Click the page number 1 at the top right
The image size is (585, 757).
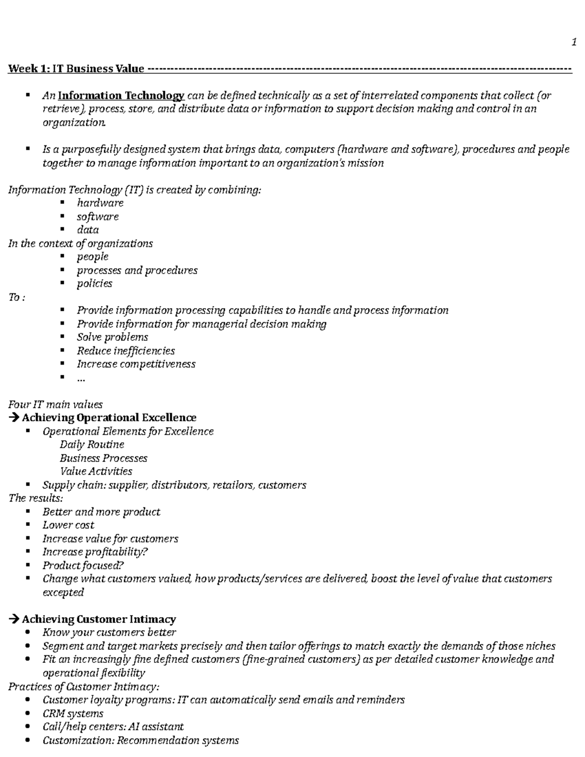point(574,43)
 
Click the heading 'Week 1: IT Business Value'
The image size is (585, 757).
point(76,69)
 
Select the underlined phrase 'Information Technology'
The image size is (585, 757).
point(121,96)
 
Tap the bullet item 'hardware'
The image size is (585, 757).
point(100,203)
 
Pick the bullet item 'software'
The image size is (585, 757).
point(97,216)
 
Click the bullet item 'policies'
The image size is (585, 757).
point(94,283)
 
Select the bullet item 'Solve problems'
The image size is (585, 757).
point(112,337)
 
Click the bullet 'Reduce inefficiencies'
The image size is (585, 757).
point(125,350)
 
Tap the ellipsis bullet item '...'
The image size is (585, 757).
point(81,378)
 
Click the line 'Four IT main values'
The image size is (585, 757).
point(55,404)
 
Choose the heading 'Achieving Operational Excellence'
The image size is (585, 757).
point(109,418)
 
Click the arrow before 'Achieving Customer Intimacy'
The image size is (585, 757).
point(14,619)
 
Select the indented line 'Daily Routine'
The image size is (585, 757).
point(92,445)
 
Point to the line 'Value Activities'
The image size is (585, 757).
point(96,471)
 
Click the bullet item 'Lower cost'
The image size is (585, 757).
point(68,525)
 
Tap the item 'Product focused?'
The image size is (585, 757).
point(83,565)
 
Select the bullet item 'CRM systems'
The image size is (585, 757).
point(73,713)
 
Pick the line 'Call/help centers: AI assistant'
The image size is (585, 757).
point(113,727)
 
